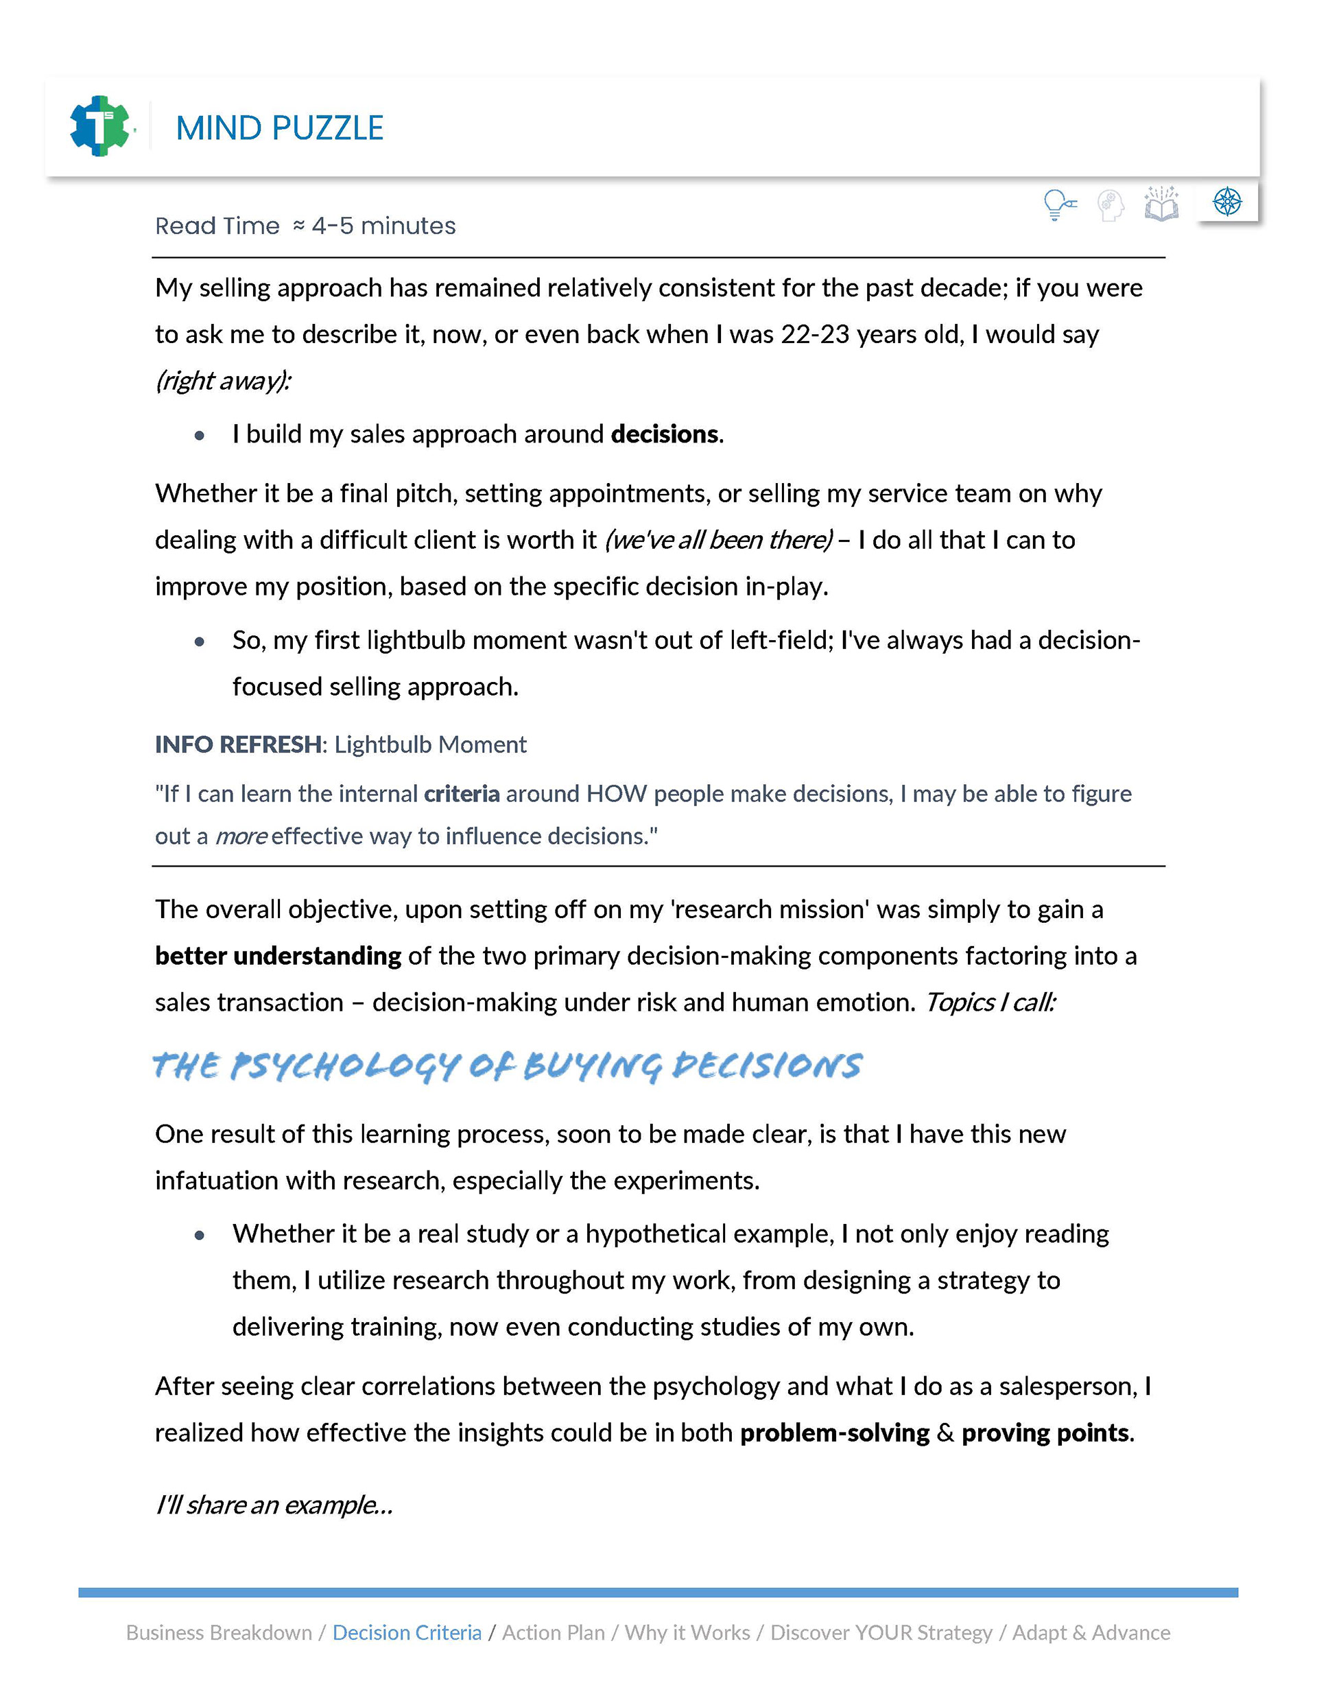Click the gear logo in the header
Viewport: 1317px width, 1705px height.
point(100,126)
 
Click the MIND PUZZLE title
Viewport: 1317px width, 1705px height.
point(279,128)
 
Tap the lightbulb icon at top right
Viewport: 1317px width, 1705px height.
point(1058,204)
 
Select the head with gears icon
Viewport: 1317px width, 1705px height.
point(1110,205)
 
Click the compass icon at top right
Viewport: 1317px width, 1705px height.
point(1227,202)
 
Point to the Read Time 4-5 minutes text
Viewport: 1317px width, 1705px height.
point(305,226)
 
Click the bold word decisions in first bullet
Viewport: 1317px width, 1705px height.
point(665,434)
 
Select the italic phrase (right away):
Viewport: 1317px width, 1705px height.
point(224,381)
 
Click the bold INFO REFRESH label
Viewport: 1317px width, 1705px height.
point(237,744)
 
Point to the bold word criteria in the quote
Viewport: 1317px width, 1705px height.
point(462,794)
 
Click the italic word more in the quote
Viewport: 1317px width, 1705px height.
point(241,837)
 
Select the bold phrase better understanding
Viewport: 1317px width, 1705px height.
point(278,956)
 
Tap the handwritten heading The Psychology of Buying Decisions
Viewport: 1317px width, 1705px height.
point(508,1066)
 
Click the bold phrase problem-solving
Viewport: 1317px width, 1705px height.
point(835,1433)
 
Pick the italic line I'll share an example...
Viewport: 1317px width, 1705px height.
point(274,1505)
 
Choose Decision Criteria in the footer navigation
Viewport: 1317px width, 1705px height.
point(407,1633)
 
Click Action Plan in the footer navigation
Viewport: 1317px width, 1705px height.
point(553,1633)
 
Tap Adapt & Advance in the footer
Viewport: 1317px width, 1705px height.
point(1091,1633)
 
